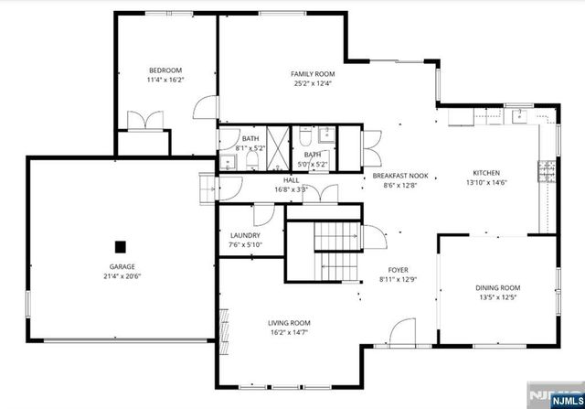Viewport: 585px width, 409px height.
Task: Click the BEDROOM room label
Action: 165,70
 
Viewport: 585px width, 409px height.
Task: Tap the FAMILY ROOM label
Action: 313,74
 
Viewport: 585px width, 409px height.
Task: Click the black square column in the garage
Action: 120,245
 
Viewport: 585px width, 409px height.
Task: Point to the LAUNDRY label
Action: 244,235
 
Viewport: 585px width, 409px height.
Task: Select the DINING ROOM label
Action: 498,287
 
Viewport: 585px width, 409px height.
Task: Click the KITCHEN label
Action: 485,173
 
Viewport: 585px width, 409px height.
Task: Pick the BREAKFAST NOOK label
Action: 400,175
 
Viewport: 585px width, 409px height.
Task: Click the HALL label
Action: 291,180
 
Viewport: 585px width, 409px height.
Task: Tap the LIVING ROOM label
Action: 289,323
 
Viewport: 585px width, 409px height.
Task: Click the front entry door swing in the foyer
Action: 402,332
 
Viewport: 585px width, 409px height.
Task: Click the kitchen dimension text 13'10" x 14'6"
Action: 485,182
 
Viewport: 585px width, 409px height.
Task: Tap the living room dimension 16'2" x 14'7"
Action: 289,333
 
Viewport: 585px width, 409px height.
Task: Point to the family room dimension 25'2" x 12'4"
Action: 313,84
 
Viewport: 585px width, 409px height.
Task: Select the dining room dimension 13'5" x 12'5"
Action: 498,297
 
